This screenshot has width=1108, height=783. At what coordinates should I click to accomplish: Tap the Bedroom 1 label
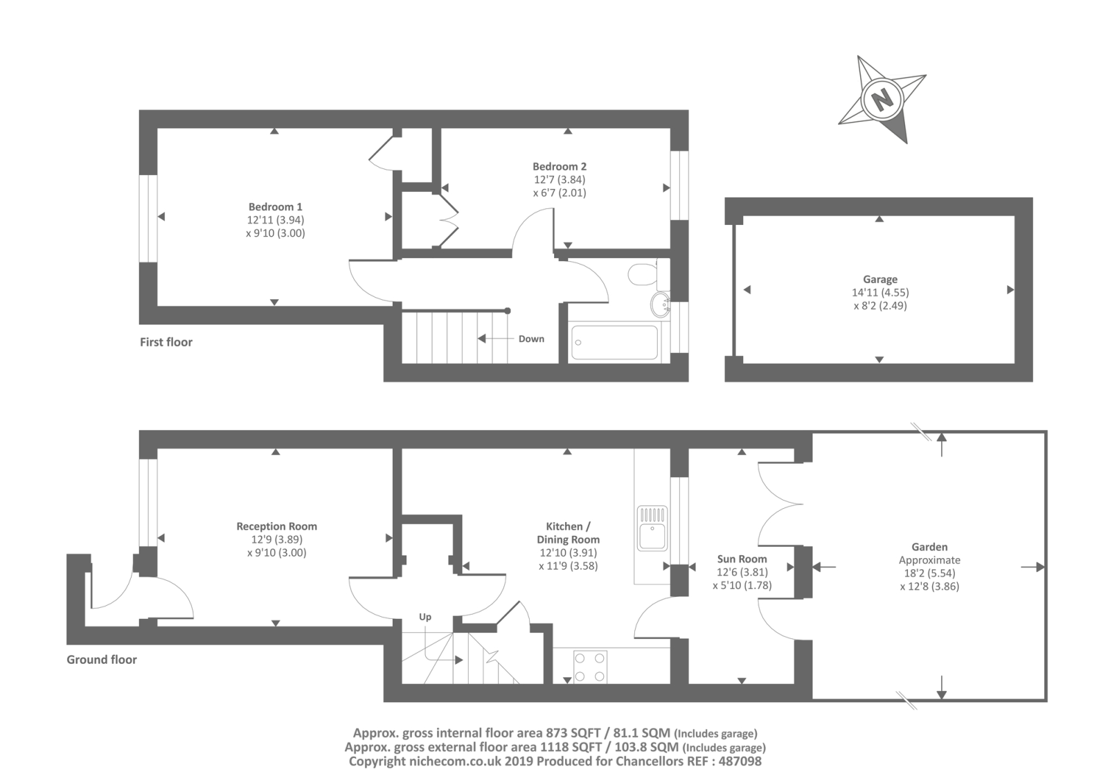[275, 206]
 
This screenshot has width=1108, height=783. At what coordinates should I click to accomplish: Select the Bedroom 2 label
[559, 166]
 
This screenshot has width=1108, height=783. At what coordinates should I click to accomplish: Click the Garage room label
[879, 279]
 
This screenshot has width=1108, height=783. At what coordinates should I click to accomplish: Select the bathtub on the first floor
[614, 342]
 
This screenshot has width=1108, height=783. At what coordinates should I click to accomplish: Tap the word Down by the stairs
[531, 339]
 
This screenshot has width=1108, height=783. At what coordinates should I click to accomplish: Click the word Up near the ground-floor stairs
[425, 617]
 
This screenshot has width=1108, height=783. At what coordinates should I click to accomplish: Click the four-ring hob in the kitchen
[590, 666]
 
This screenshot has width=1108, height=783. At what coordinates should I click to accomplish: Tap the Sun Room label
[742, 559]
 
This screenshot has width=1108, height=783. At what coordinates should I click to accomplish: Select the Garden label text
[929, 546]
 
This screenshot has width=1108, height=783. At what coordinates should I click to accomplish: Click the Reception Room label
[276, 526]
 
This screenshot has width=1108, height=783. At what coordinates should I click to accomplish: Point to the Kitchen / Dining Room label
[568, 532]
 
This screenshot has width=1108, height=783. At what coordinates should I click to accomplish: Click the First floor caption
[166, 341]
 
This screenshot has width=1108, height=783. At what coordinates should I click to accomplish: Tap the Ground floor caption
[102, 659]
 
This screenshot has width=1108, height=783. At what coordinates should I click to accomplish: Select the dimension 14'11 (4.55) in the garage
[879, 292]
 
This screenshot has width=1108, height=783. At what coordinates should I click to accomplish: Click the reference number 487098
[740, 761]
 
